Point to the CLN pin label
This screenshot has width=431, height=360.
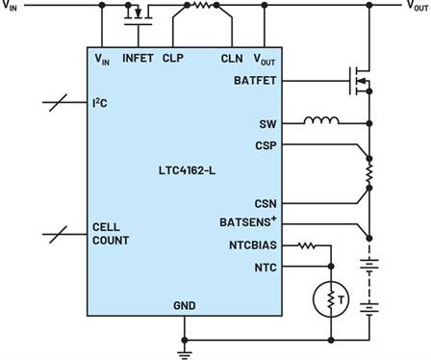231,59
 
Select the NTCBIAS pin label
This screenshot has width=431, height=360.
253,244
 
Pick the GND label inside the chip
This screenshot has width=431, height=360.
184,306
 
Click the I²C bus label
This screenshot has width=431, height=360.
101,102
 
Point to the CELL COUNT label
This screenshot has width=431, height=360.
112,233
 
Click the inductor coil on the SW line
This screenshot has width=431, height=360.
320,122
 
